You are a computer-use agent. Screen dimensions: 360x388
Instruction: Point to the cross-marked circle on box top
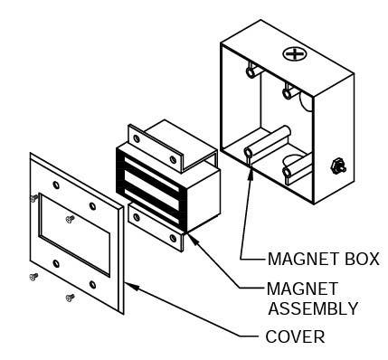(x=295, y=53)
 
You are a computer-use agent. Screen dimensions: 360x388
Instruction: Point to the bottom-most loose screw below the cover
(x=69, y=297)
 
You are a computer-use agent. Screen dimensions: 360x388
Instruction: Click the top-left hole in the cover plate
(x=57, y=185)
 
